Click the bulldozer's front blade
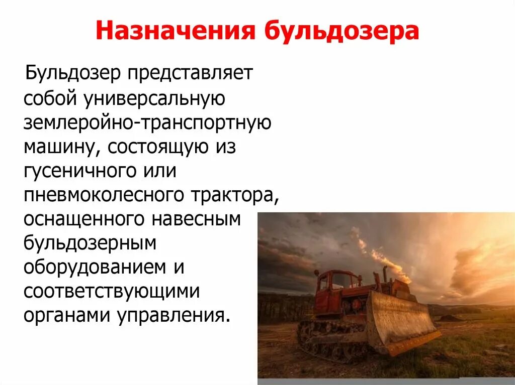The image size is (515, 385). click(x=402, y=321)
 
